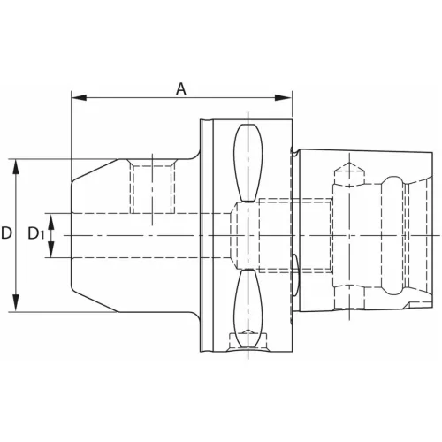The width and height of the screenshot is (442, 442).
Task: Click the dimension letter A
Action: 181,89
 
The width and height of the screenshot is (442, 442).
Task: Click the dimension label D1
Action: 35,233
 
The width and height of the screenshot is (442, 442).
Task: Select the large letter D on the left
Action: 6,233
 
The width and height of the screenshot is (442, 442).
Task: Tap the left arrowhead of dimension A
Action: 79,98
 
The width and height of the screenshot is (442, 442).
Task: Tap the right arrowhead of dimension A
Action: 283,98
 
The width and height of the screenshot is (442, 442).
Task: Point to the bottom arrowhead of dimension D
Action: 16,303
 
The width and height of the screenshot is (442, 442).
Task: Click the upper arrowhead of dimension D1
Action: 51,222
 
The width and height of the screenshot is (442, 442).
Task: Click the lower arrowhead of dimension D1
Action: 51,249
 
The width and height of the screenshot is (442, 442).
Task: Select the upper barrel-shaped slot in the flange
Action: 248,163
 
